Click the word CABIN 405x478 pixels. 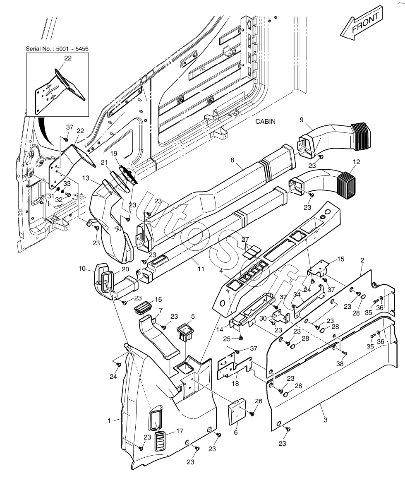[266, 121]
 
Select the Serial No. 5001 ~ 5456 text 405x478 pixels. [57, 48]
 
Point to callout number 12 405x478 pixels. [356, 162]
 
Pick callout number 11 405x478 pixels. [201, 269]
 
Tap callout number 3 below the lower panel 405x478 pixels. [326, 420]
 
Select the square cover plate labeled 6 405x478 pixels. [237, 412]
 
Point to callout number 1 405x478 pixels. [109, 420]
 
